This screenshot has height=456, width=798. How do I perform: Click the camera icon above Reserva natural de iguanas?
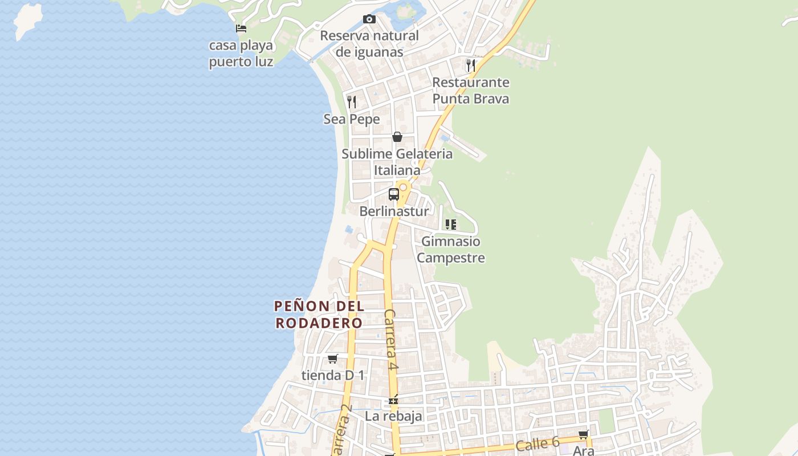[369, 19]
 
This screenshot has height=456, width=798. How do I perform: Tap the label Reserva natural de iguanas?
[369, 44]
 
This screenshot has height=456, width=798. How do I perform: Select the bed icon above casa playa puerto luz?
[241, 28]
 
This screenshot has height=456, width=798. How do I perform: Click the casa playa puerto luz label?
[241, 54]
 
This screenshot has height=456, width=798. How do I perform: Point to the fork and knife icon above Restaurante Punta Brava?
[470, 66]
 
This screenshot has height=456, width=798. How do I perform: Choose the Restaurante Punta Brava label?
[470, 91]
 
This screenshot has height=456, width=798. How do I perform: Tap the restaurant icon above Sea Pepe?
[352, 102]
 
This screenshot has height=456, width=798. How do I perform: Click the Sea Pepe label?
[352, 120]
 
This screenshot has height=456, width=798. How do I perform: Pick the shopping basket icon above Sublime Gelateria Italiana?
[397, 137]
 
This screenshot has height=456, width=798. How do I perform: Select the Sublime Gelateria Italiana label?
[397, 162]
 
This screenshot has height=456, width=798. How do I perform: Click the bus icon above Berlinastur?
[393, 194]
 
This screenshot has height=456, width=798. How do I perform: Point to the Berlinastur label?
[393, 211]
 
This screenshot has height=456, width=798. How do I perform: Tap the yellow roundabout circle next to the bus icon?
[404, 187]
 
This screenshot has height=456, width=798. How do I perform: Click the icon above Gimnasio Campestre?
[451, 225]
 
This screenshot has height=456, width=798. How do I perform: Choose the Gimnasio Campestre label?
[451, 250]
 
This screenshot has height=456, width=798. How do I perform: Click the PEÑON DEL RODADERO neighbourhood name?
[319, 315]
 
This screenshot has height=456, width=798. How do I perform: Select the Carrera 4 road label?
[390, 340]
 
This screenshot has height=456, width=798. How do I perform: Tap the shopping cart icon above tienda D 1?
[333, 359]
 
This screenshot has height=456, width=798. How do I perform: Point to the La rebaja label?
[393, 416]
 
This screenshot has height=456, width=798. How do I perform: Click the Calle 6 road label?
[538, 444]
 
